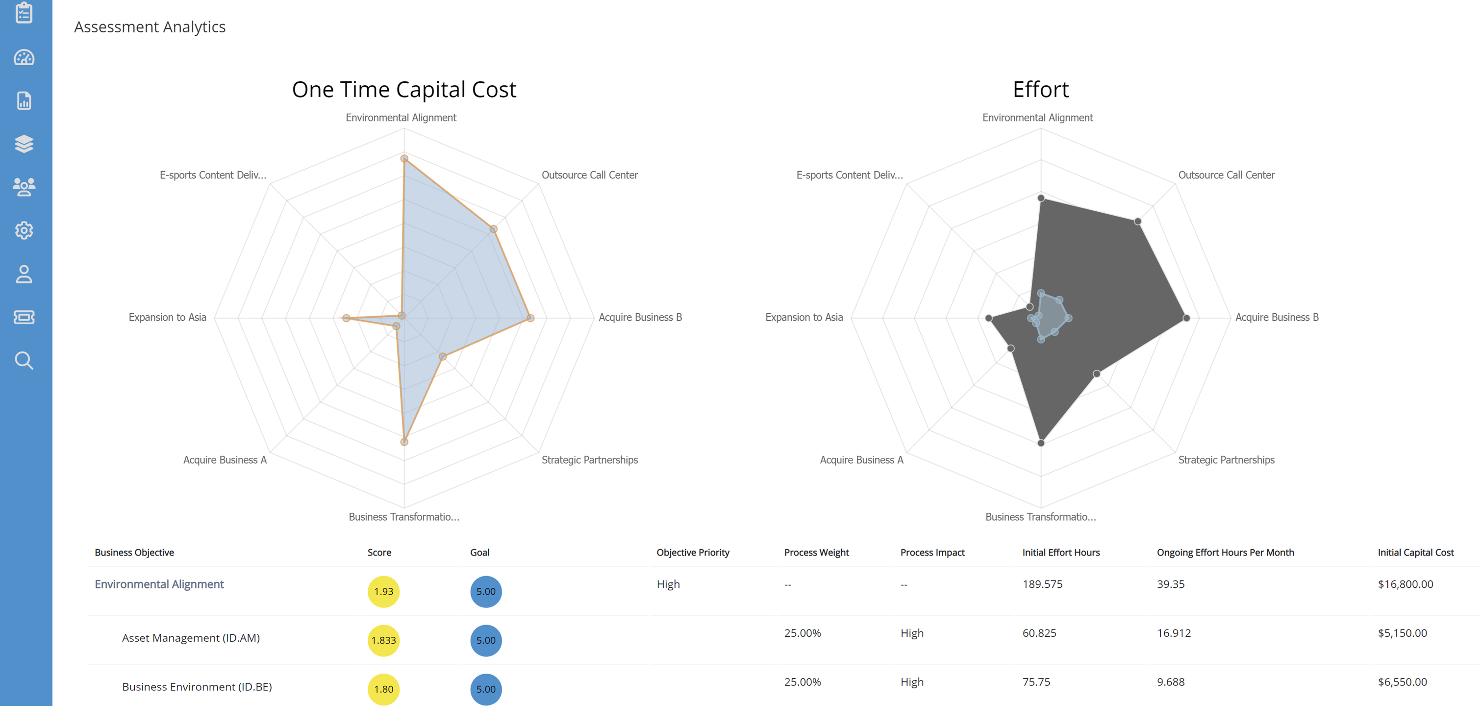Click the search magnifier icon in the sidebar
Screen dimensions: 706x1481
click(x=24, y=360)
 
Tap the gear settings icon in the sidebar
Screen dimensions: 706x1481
click(x=24, y=230)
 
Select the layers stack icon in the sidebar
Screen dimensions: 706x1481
click(x=24, y=144)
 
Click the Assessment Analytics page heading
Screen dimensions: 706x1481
click(x=150, y=27)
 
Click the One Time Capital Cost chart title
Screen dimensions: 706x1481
click(x=403, y=90)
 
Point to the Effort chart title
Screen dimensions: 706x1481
click(x=1040, y=90)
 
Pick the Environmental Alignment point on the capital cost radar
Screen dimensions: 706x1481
click(x=404, y=159)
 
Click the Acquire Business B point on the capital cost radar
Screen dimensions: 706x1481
click(x=530, y=318)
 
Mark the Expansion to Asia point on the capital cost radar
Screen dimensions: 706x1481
click(x=346, y=318)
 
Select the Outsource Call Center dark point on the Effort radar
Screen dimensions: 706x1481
click(x=1137, y=221)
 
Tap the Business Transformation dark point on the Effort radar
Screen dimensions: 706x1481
click(x=1041, y=443)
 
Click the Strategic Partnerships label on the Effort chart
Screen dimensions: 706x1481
click(x=1226, y=460)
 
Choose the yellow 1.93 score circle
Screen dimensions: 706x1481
click(x=383, y=592)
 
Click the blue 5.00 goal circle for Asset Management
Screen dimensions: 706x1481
click(x=486, y=640)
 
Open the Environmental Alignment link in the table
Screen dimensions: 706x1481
click(x=159, y=584)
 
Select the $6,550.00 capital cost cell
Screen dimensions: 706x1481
click(x=1402, y=682)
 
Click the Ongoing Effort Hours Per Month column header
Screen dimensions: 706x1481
click(x=1225, y=553)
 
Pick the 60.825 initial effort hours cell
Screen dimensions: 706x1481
click(x=1039, y=633)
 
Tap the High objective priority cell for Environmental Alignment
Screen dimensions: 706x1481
click(x=668, y=584)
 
